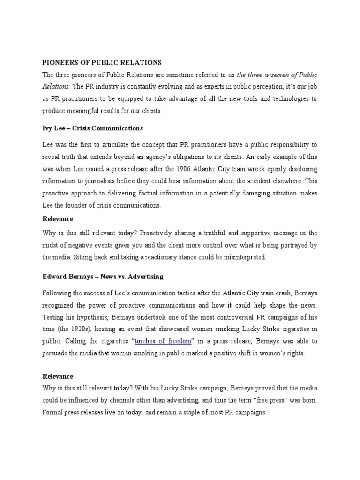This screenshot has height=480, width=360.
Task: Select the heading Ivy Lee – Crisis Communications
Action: (x=92, y=128)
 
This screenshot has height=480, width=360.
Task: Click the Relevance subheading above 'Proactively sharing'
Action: (x=58, y=219)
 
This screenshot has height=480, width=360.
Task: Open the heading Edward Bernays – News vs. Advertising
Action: (x=103, y=277)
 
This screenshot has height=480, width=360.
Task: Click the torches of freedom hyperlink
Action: (x=163, y=341)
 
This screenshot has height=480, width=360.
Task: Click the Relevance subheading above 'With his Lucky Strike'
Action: (x=58, y=376)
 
